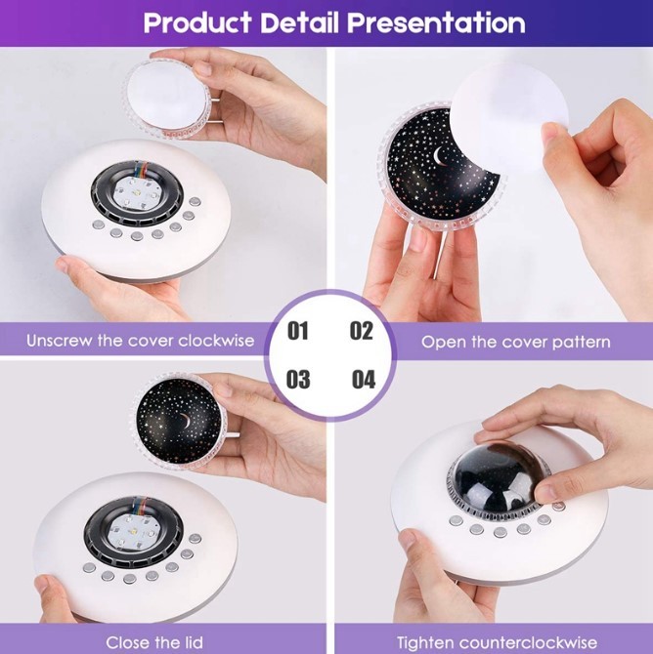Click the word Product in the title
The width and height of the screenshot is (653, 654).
pyautogui.click(x=196, y=22)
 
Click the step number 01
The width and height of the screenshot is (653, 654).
pyautogui.click(x=297, y=331)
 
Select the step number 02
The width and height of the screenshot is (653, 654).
pyautogui.click(x=362, y=331)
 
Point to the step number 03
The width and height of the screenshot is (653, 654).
pyautogui.click(x=298, y=379)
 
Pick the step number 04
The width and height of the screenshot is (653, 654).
pyautogui.click(x=364, y=379)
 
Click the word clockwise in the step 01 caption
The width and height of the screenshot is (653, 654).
pyautogui.click(x=216, y=341)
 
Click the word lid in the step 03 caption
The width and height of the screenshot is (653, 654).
pyautogui.click(x=193, y=642)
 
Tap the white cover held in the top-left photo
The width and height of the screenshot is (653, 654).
pyautogui.click(x=167, y=97)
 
